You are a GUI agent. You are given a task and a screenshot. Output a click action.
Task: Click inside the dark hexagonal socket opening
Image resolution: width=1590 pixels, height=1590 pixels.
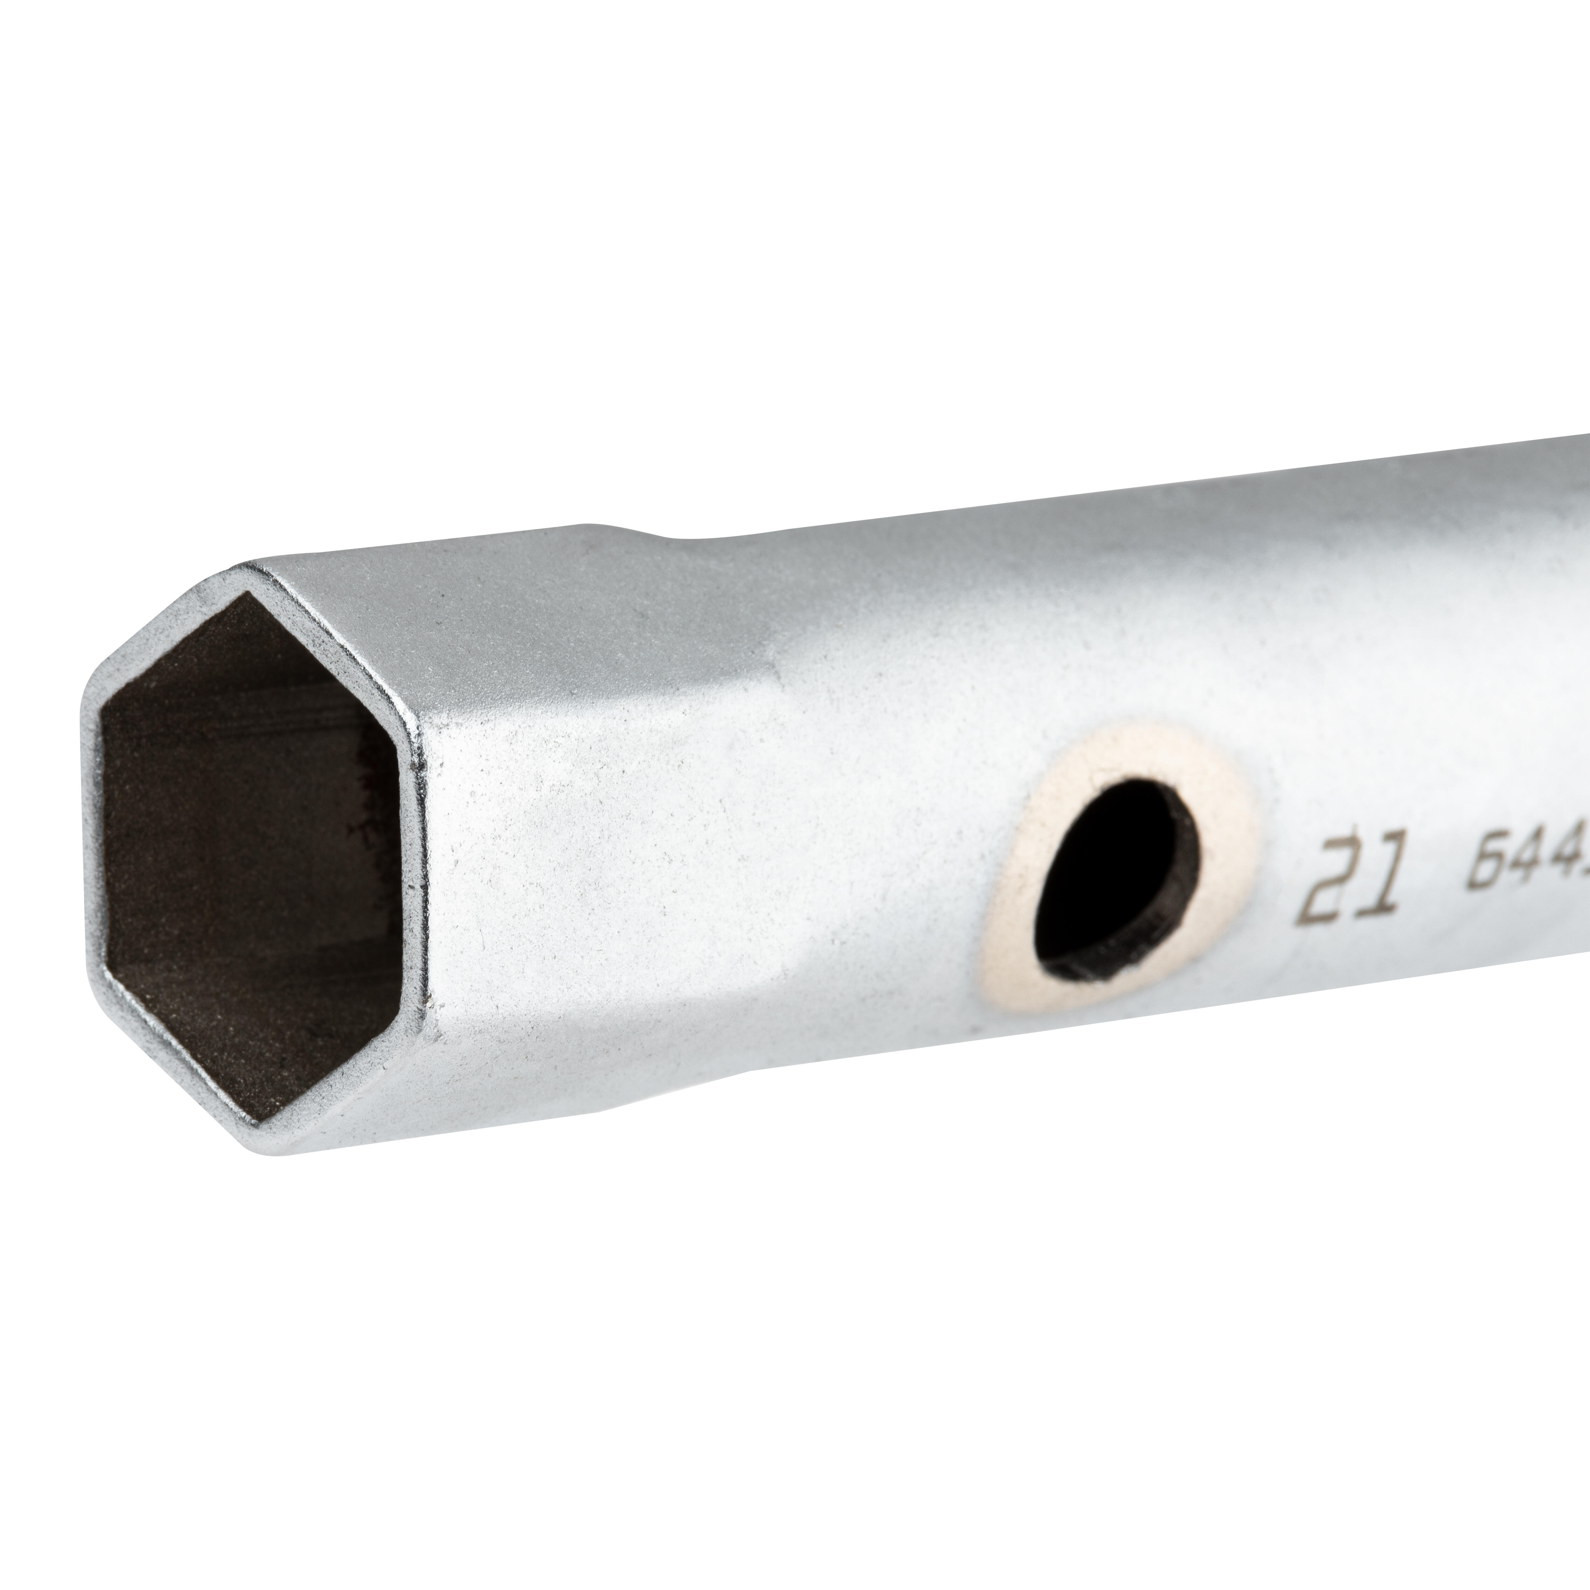pyautogui.click(x=247, y=848)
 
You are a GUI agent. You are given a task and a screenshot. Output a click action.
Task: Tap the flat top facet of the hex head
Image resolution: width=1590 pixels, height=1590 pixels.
pyautogui.click(x=494, y=601)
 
